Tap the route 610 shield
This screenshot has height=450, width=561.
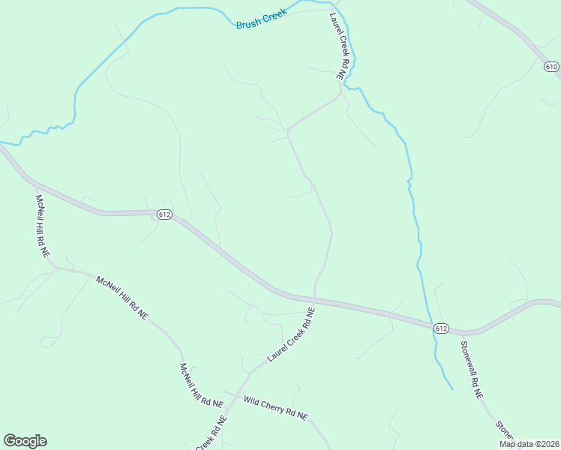click(551, 67)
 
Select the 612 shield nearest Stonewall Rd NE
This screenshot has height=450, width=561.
click(441, 328)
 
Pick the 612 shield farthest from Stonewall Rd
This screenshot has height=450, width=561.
click(165, 214)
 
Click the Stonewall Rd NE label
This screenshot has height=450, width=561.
click(472, 370)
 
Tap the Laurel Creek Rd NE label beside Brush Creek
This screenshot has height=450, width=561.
click(335, 45)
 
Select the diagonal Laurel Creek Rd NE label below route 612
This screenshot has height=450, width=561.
click(292, 334)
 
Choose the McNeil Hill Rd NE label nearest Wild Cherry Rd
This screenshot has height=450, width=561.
click(201, 385)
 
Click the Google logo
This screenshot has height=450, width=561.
click(25, 441)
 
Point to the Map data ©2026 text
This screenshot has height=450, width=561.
click(529, 444)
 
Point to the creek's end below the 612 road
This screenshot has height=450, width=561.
click(452, 389)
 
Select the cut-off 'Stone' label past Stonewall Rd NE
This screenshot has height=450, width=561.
click(505, 432)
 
